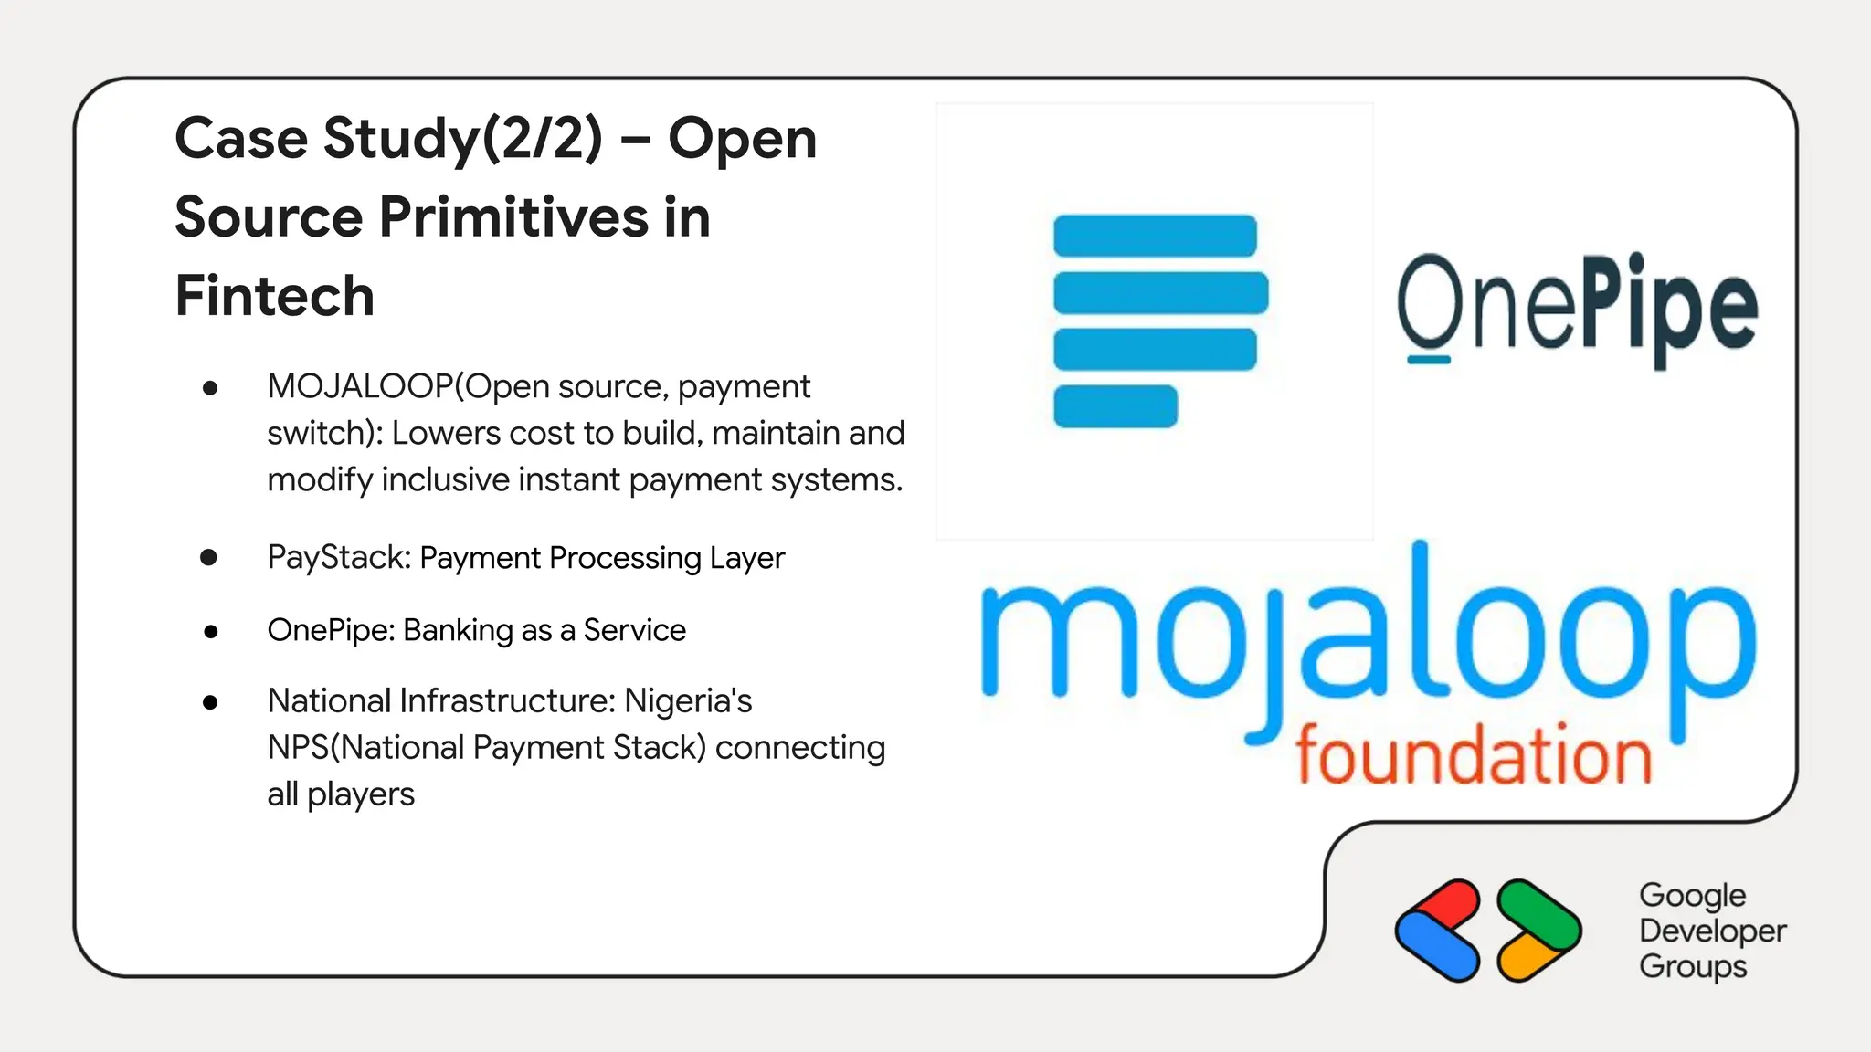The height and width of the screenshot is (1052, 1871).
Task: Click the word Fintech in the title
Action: click(275, 296)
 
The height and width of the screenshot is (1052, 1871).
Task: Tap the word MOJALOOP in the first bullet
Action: click(360, 387)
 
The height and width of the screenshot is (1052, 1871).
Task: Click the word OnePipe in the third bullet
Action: click(330, 630)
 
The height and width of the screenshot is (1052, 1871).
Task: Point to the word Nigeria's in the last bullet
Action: click(688, 701)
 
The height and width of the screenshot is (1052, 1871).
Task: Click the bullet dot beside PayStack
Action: click(209, 557)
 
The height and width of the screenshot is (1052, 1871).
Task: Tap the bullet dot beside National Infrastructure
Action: click(210, 702)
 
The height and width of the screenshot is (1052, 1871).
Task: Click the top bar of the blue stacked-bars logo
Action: click(1155, 236)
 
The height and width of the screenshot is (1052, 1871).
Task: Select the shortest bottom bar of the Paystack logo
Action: click(1115, 406)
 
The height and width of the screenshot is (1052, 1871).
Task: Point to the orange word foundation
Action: click(1474, 756)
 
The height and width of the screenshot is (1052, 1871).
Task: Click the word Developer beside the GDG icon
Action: click(1712, 931)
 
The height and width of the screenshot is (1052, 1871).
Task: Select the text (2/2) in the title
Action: click(542, 139)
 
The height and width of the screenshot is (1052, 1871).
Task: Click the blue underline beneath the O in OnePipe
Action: click(1428, 360)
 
